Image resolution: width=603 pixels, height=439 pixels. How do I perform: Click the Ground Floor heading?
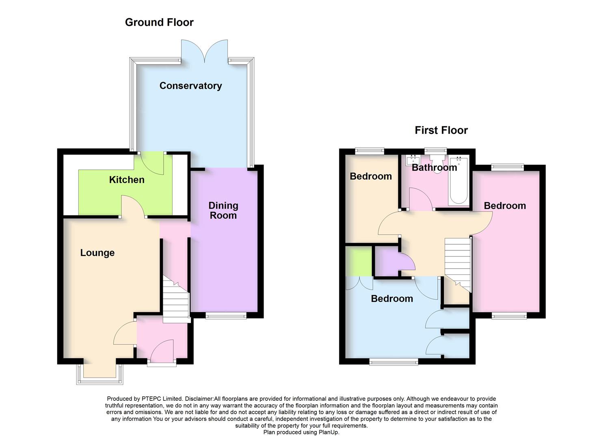pos(159,22)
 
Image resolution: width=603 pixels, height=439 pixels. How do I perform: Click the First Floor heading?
pos(441,130)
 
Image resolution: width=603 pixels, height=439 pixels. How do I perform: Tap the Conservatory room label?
pos(190,86)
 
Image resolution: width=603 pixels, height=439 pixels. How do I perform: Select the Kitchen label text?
pos(127,180)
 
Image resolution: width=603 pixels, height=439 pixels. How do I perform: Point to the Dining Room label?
pos(223,211)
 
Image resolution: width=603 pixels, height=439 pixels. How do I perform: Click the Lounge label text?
pos(97,253)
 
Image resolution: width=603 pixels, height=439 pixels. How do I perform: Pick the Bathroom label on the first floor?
pos(434,167)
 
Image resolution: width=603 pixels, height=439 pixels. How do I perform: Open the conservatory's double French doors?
pos(205,51)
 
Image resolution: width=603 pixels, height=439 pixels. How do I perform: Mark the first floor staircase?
pos(458,262)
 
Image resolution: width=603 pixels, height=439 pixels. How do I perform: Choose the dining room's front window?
pos(226,316)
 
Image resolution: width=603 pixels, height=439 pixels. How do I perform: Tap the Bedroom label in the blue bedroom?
pos(392,299)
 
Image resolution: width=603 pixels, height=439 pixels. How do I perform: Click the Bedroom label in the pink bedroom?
pos(505,206)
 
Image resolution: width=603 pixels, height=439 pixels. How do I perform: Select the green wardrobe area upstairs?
pos(359,261)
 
